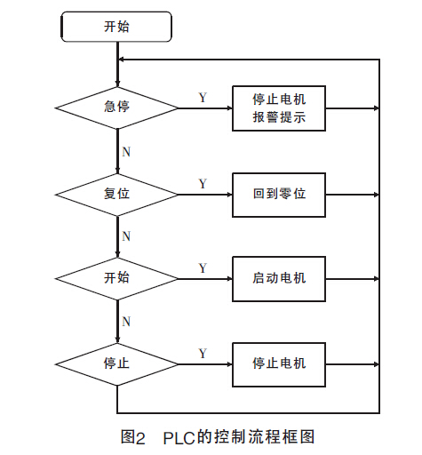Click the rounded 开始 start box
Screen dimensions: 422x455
(116, 27)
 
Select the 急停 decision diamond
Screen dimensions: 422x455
(116, 108)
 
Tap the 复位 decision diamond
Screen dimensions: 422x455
(116, 195)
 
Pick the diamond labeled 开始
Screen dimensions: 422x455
(116, 279)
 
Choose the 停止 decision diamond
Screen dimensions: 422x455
(116, 364)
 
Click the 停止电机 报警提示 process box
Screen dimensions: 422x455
(279, 108)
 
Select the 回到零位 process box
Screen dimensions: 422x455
(279, 195)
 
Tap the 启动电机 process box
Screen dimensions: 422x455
(279, 279)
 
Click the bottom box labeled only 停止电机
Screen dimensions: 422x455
(279, 364)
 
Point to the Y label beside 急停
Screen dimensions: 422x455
(203, 98)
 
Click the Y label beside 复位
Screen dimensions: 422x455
(203, 184)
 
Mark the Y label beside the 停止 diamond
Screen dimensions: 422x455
(203, 354)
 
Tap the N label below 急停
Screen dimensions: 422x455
(126, 152)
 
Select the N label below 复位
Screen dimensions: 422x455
(126, 236)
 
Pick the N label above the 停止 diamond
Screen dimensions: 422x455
(126, 322)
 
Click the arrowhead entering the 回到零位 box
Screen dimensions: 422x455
(229, 195)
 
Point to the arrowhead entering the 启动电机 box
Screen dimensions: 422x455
(229, 279)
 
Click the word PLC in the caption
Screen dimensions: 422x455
(179, 438)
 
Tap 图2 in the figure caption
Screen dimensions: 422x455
(133, 437)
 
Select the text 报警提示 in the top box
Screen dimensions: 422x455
(279, 117)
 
